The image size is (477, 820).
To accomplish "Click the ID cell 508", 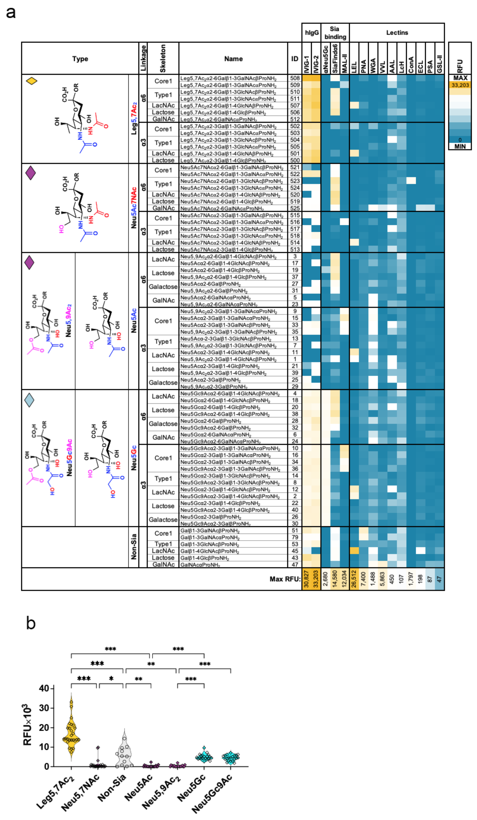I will point(295,78).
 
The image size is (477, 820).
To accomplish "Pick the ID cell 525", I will point(295,208).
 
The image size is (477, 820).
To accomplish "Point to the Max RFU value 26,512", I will point(354,579).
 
